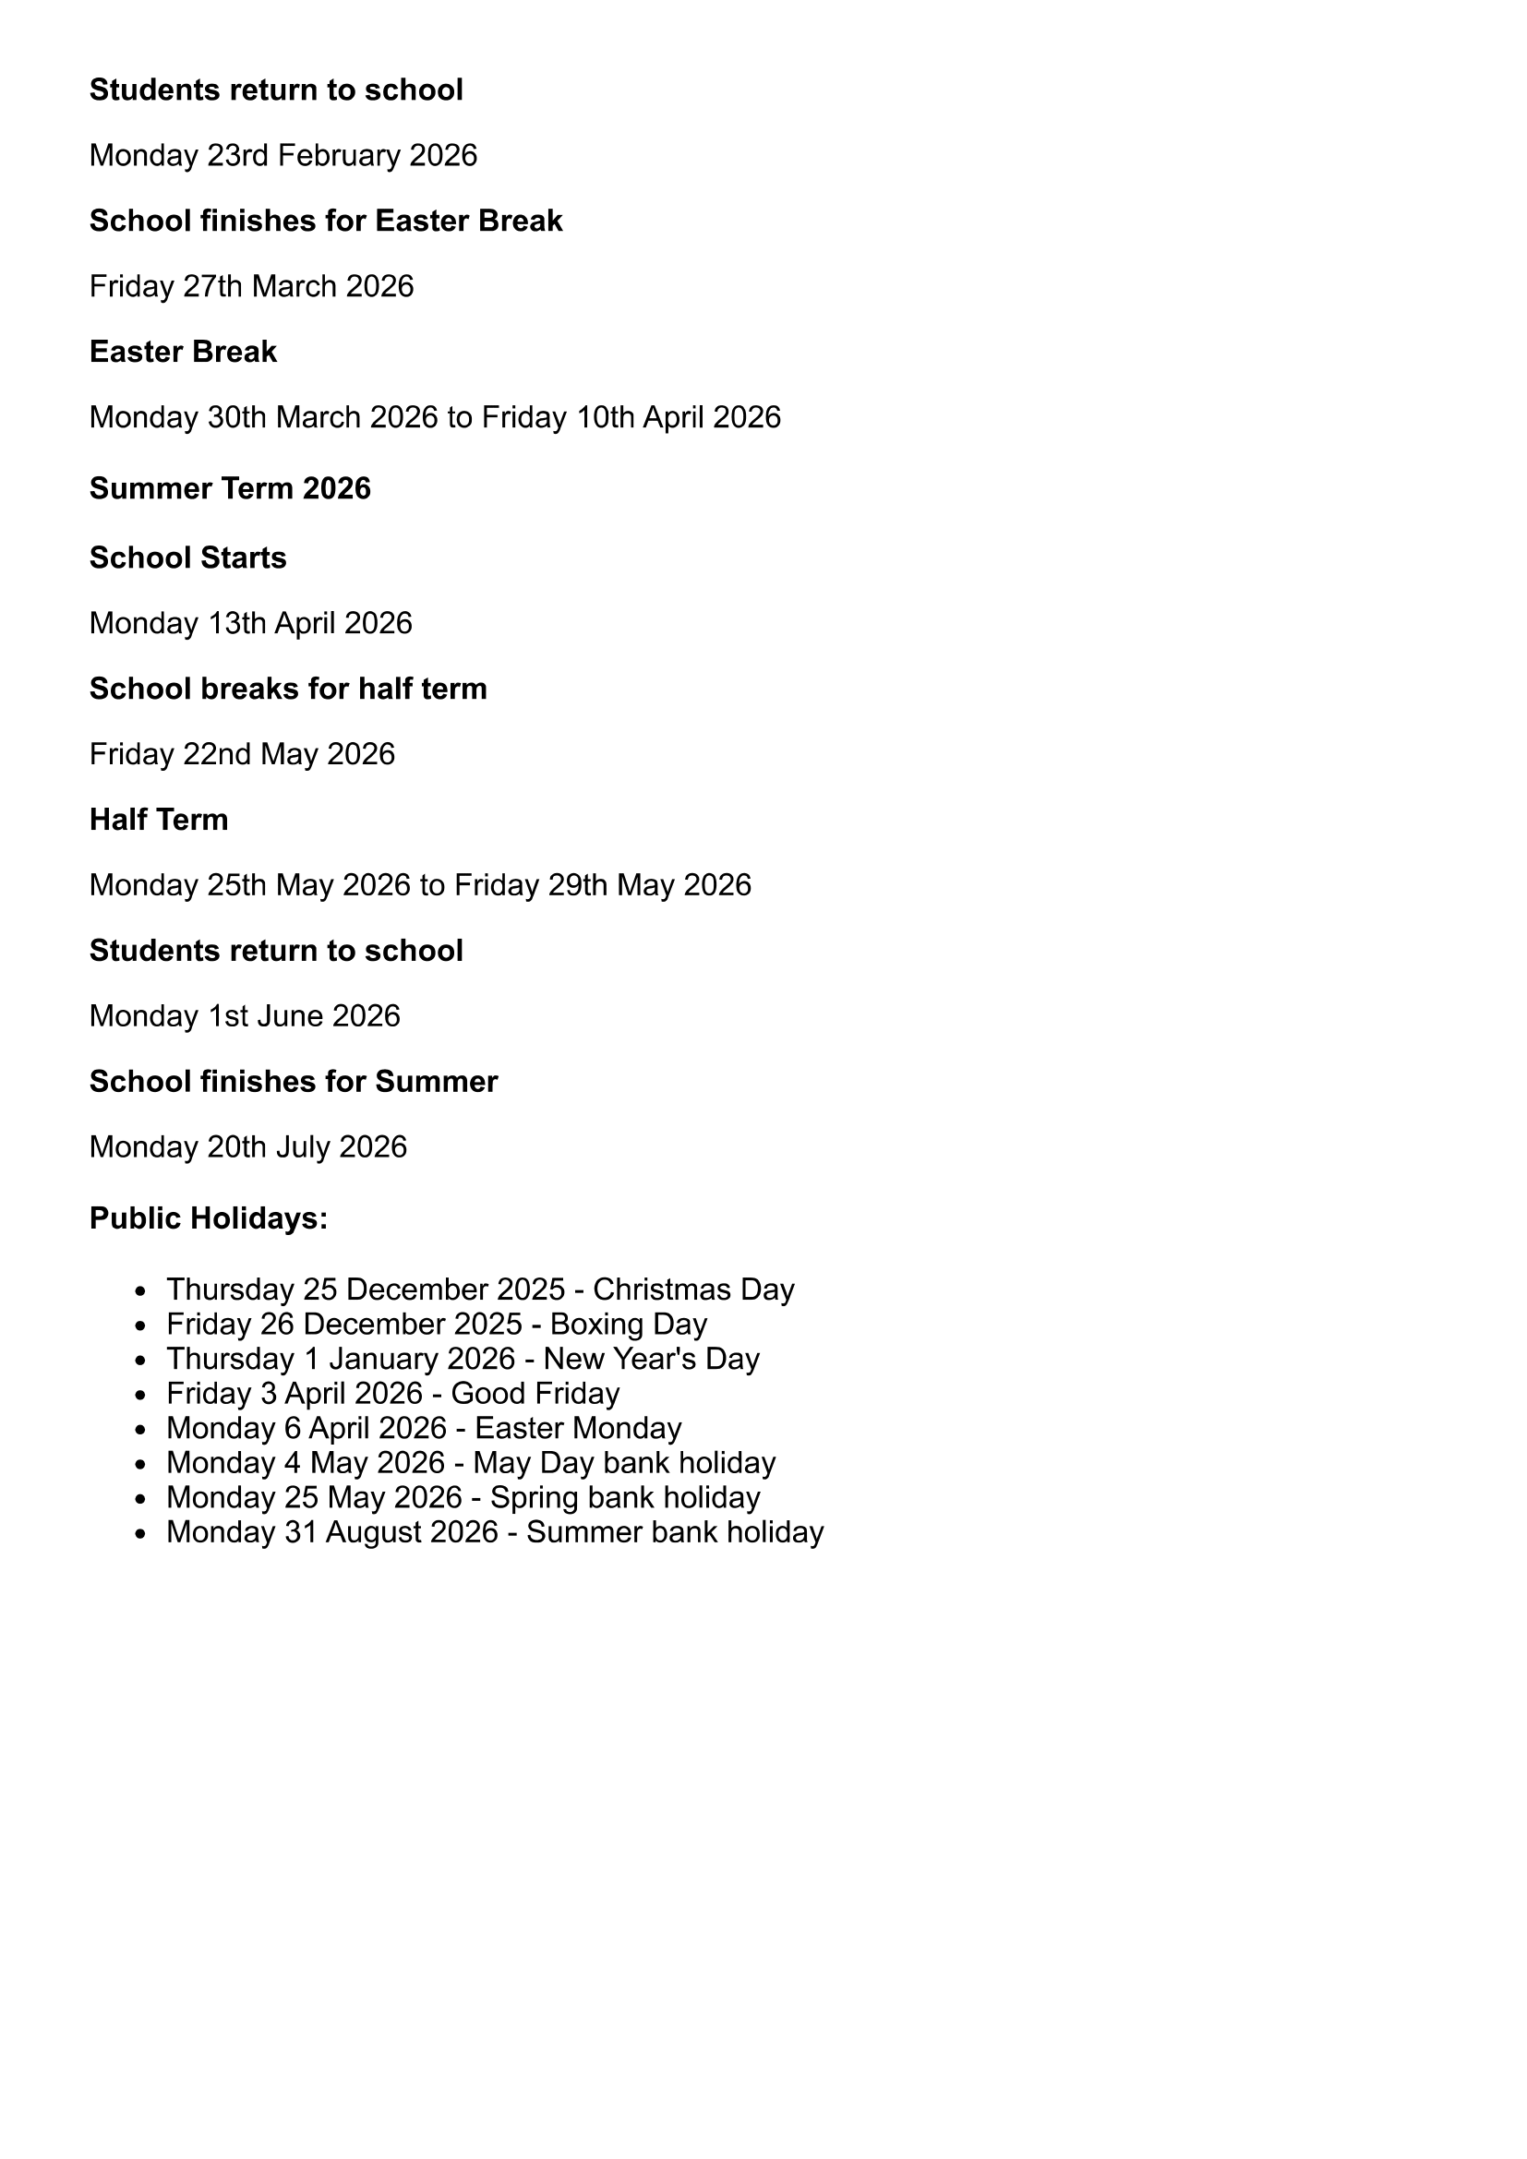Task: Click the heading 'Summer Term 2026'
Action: tap(230, 489)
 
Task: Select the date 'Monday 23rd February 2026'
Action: tap(283, 155)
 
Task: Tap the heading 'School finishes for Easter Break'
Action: tap(325, 221)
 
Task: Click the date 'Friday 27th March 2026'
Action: tap(251, 286)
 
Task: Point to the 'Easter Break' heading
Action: tap(183, 352)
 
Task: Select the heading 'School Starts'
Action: tap(187, 558)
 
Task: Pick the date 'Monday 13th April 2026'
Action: tap(250, 623)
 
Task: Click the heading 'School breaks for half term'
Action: tap(288, 690)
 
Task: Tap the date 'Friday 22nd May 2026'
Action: tap(242, 754)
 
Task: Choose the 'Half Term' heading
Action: tap(158, 820)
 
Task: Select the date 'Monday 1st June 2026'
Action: tap(245, 1016)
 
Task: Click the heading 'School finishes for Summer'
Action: tap(294, 1083)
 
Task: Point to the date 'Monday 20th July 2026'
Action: tap(247, 1147)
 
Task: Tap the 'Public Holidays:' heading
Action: tap(208, 1218)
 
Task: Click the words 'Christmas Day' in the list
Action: tap(693, 1289)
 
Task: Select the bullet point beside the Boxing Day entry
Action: tap(141, 1325)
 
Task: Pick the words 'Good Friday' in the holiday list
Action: tap(535, 1394)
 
